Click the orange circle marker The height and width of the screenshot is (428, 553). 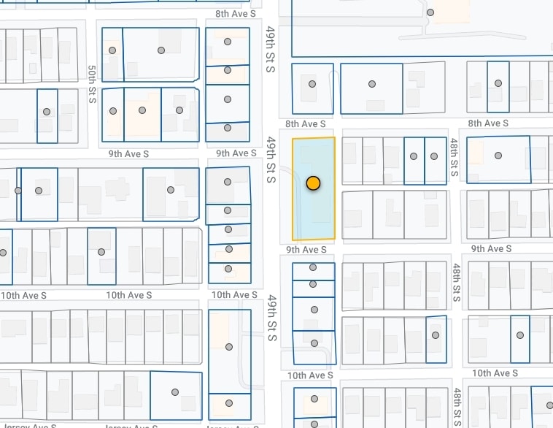click(x=313, y=183)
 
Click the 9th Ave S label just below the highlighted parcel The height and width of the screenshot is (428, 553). click(x=306, y=250)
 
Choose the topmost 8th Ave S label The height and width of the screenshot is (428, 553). click(x=236, y=14)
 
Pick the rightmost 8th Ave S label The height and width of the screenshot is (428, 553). click(x=488, y=123)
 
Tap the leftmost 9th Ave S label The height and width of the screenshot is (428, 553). click(x=128, y=154)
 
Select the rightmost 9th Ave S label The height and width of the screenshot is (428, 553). click(x=492, y=249)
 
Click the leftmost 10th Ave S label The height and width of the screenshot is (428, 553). click(x=23, y=296)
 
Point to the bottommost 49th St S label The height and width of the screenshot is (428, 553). click(x=271, y=318)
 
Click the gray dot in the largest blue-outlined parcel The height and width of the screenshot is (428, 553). click(x=430, y=12)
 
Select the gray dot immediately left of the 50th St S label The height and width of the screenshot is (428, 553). click(x=47, y=112)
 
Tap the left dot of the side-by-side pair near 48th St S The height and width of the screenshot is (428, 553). click(x=414, y=156)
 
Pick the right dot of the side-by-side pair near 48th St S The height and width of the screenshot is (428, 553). click(x=434, y=156)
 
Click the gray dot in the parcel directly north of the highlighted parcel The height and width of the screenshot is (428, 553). click(x=312, y=84)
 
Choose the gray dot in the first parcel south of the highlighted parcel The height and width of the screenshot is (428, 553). click(x=313, y=268)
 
